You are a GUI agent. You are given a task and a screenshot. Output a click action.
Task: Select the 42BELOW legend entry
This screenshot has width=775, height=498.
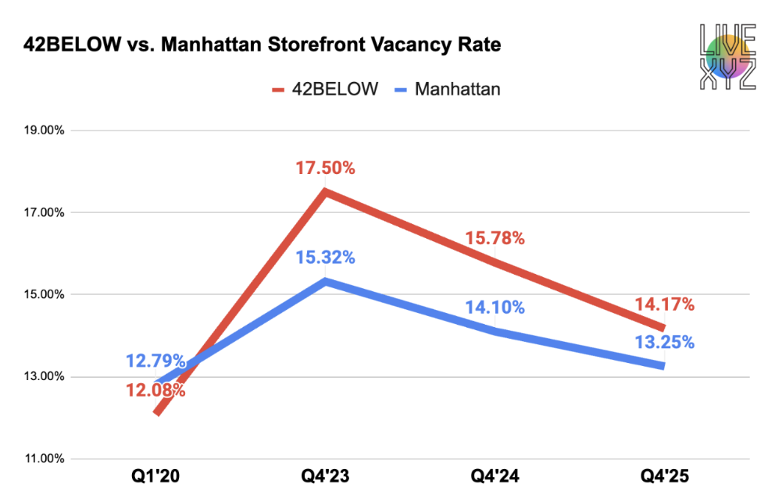click(x=325, y=89)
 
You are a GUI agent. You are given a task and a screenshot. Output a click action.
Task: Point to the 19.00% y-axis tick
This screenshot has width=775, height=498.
click(x=43, y=130)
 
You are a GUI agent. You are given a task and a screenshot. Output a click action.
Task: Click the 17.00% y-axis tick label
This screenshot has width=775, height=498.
click(x=43, y=212)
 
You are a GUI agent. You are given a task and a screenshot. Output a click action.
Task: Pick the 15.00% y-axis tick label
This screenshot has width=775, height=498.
click(x=43, y=294)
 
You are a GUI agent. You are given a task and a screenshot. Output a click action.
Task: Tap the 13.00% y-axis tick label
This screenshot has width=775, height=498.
click(x=43, y=377)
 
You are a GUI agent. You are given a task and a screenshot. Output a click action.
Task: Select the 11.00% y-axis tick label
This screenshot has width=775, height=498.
click(x=43, y=459)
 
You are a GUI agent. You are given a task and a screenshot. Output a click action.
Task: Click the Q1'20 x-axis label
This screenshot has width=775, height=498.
click(x=155, y=476)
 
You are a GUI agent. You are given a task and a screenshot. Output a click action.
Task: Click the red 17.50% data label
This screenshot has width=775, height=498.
click(x=325, y=168)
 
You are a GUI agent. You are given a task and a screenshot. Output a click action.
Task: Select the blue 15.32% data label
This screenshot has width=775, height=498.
click(x=325, y=258)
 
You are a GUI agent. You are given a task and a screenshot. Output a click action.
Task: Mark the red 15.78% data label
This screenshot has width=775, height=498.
click(x=495, y=239)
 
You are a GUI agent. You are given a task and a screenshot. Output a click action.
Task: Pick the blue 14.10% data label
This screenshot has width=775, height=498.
click(x=495, y=308)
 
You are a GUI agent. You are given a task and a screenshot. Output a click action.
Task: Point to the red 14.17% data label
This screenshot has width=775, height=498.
click(x=664, y=304)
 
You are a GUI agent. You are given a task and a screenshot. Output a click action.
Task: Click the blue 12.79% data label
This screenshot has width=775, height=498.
click(x=155, y=361)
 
